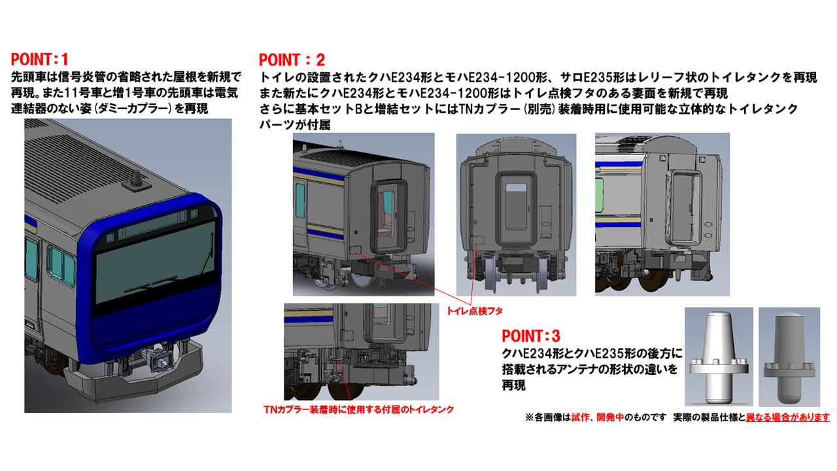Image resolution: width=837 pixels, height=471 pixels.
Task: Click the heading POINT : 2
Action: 292,60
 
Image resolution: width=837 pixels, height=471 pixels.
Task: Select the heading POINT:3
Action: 530,336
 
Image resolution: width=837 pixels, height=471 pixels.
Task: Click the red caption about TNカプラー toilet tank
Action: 358,409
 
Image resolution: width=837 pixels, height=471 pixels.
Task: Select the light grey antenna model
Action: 718,357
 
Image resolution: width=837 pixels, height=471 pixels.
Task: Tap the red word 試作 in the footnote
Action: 580,417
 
